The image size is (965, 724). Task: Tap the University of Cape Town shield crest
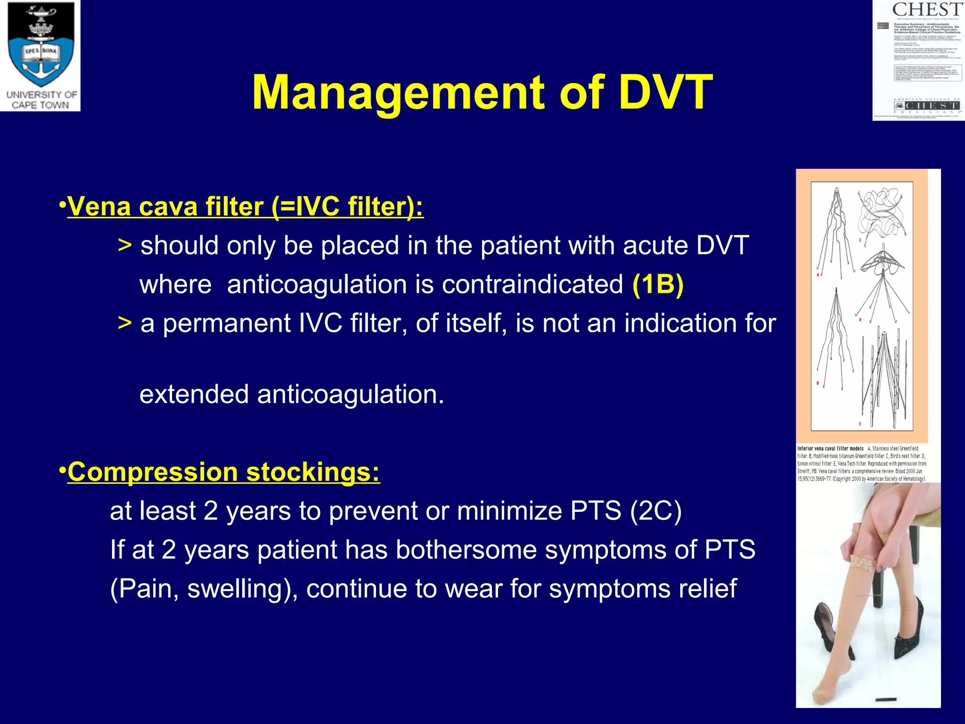tap(41, 47)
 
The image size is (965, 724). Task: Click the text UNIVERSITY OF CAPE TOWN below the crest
tap(41, 100)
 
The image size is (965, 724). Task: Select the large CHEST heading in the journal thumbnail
tap(926, 9)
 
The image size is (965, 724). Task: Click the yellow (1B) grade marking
tap(658, 284)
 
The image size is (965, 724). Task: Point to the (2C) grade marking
tap(656, 510)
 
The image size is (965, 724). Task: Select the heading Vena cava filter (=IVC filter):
tap(245, 206)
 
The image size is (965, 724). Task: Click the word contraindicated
tap(532, 284)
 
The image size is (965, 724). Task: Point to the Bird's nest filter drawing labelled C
tap(881, 212)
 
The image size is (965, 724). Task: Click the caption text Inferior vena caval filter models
tap(830, 449)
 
